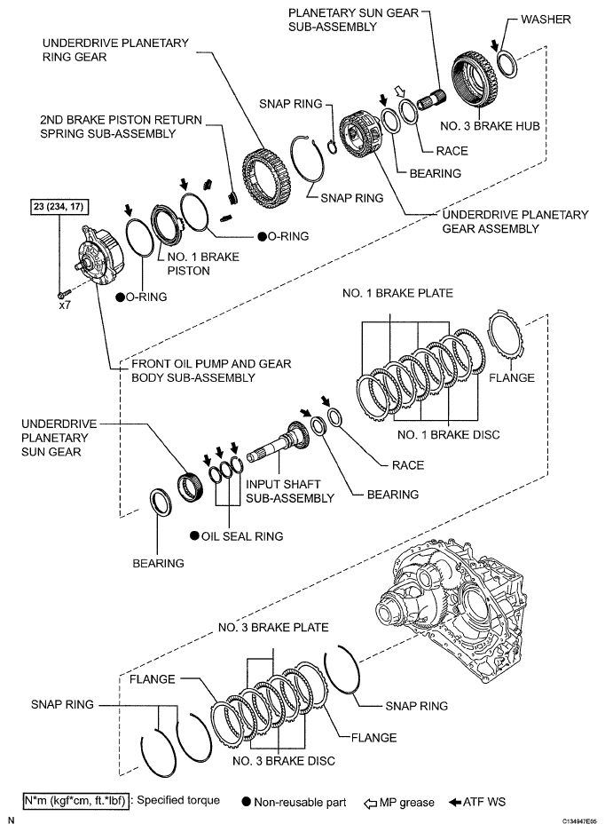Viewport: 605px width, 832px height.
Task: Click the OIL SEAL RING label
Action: tap(241, 535)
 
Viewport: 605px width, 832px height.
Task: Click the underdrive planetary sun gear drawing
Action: tap(191, 487)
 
